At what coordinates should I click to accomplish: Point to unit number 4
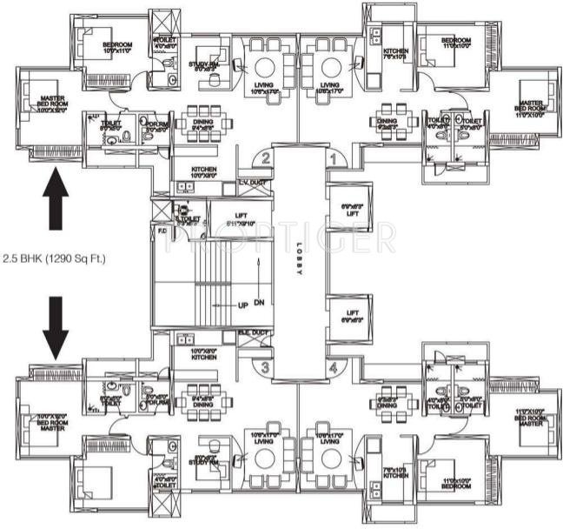332,367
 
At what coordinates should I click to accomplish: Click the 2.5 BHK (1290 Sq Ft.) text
54,258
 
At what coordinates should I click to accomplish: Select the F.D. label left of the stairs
162,231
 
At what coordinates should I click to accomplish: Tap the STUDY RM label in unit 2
206,65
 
